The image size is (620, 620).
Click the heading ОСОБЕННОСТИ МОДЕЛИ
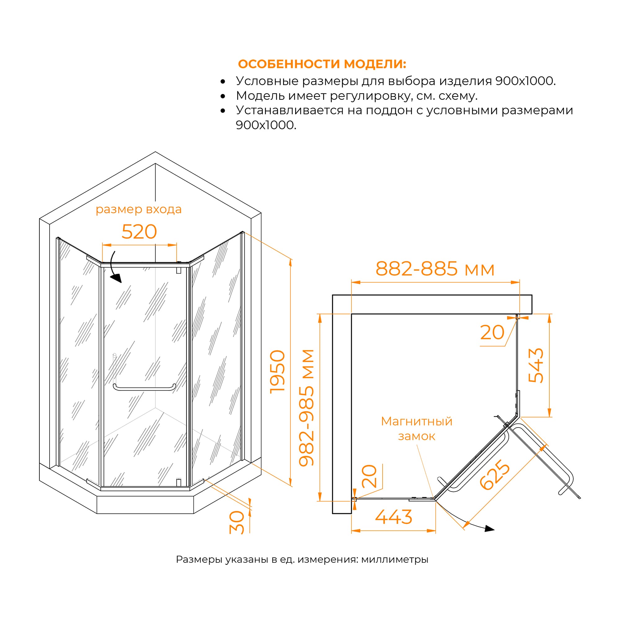322,64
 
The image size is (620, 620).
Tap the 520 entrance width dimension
139,232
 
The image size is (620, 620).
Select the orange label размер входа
139,209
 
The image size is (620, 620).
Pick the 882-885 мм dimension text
435,269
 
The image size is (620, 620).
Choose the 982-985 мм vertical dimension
307,408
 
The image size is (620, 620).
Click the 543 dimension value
536,365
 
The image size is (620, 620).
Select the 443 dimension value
393,517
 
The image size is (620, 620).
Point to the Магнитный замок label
417,428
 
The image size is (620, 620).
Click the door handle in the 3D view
144,388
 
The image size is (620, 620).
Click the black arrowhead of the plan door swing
489,529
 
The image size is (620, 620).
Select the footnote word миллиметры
394,559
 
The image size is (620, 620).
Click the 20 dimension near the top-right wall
492,332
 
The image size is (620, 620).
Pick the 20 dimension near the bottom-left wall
369,476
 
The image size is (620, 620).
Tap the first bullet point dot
223,82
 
